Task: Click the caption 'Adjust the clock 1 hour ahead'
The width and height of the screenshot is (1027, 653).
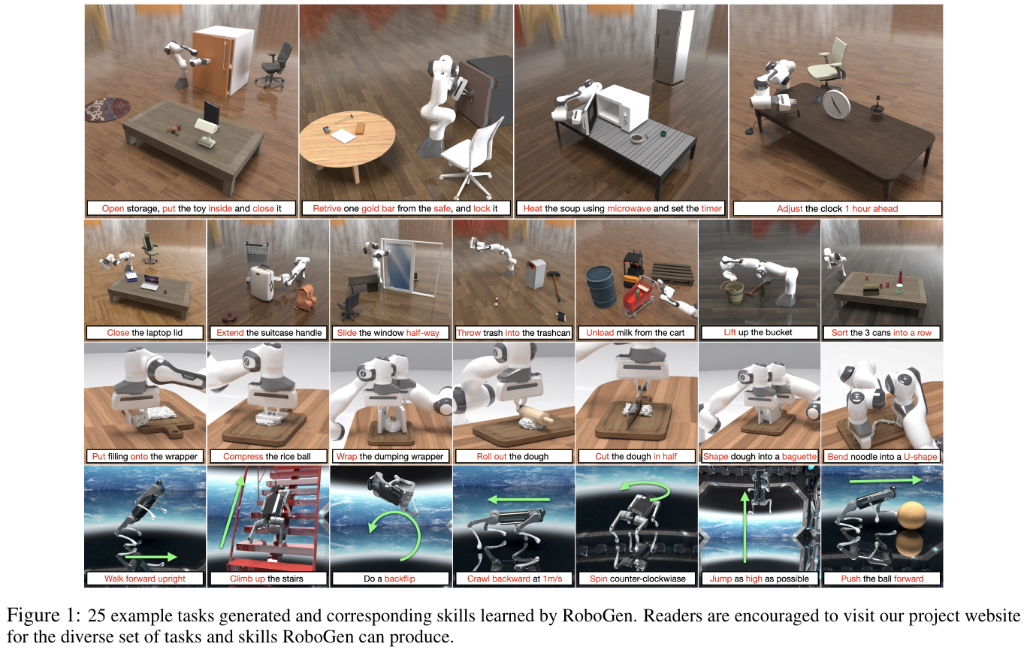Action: [837, 209]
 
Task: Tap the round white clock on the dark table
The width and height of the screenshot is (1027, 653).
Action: [836, 105]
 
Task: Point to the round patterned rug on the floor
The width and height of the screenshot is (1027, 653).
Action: [107, 109]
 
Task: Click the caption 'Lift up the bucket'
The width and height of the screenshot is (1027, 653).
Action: [758, 332]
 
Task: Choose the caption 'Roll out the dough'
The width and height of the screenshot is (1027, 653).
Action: [512, 456]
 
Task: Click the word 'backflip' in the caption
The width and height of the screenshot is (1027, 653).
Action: [400, 579]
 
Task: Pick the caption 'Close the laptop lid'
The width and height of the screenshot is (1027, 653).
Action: [144, 332]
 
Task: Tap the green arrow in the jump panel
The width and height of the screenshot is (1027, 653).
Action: [745, 527]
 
